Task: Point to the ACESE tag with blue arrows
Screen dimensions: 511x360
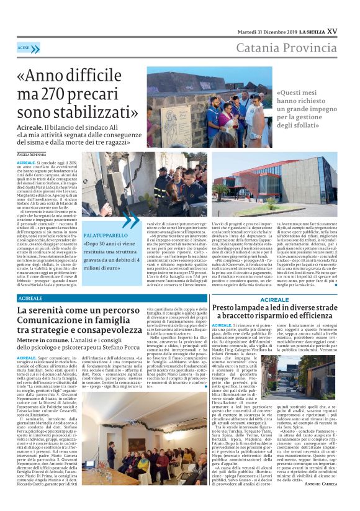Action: (x=28, y=48)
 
